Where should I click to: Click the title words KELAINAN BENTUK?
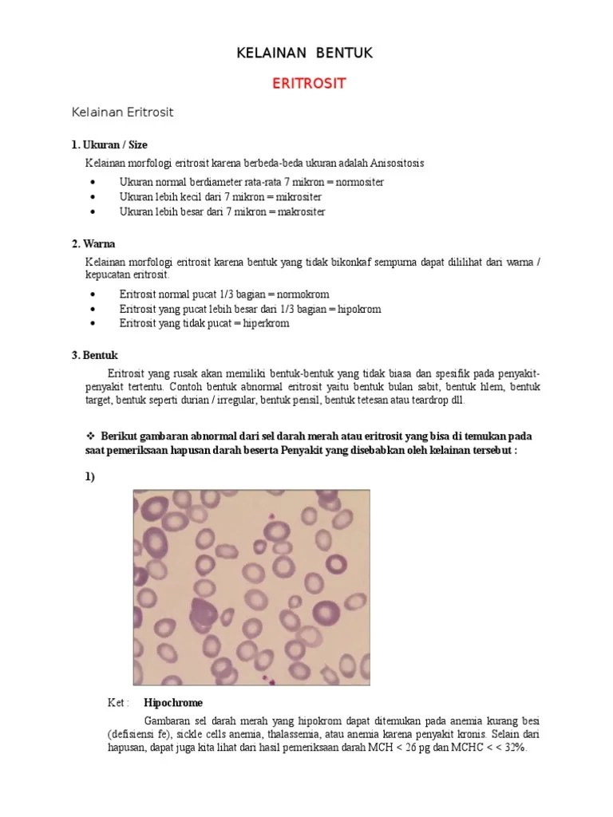click(306, 53)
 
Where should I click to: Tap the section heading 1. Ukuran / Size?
click(109, 144)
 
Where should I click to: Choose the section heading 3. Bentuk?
click(95, 355)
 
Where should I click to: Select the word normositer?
click(359, 182)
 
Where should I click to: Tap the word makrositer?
click(301, 212)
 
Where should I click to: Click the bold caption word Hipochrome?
click(173, 703)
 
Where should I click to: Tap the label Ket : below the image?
click(118, 703)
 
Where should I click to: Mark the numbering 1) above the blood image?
click(90, 477)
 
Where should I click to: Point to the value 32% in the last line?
click(512, 748)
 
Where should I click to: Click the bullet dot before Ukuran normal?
click(94, 182)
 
